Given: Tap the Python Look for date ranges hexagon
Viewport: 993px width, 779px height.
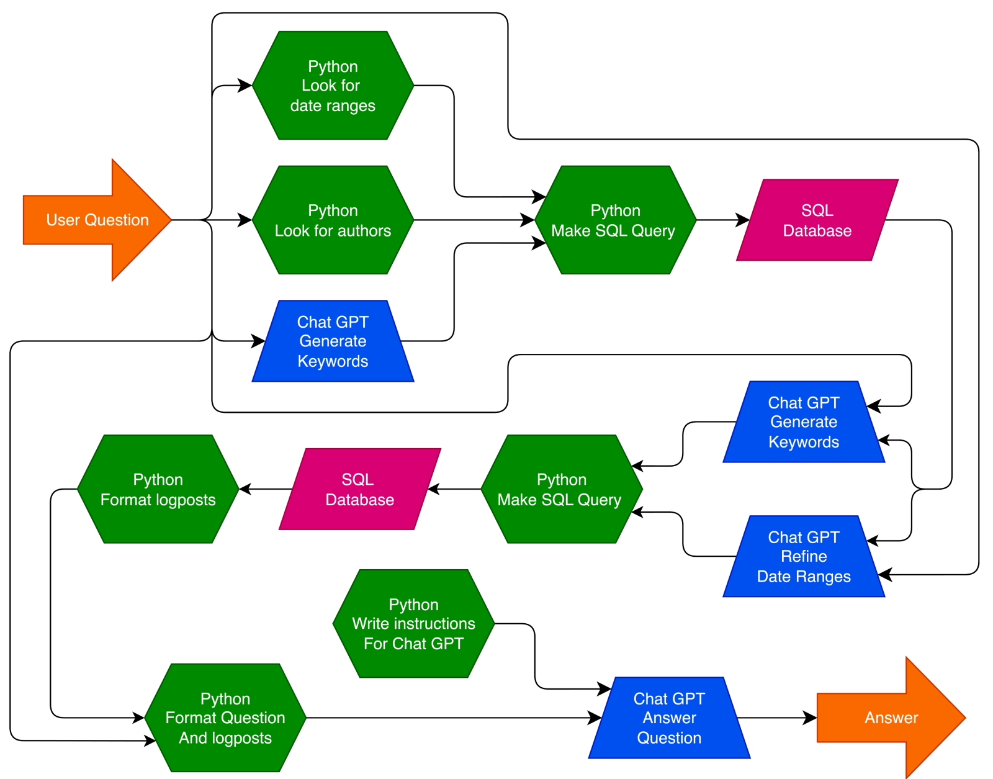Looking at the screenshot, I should [333, 86].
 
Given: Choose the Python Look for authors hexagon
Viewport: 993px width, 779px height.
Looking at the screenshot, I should [333, 220].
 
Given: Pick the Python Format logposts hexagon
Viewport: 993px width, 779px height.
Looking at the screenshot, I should [158, 490].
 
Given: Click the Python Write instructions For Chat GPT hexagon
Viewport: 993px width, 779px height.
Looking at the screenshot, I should [413, 624].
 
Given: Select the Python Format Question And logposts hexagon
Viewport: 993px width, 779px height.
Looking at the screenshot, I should [225, 718].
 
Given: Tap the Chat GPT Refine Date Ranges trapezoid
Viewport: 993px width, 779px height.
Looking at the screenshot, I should [804, 557].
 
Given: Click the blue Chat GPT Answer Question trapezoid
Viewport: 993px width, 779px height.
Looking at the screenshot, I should [669, 718].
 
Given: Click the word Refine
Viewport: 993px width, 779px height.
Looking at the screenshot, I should [804, 556].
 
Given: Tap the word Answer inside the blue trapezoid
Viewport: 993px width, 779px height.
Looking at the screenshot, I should [669, 718].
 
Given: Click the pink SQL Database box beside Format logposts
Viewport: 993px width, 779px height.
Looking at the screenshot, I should [359, 490].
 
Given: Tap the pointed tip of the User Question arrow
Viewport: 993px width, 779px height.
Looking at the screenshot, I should [169, 220].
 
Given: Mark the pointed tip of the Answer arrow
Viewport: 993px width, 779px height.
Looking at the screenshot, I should [963, 718].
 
